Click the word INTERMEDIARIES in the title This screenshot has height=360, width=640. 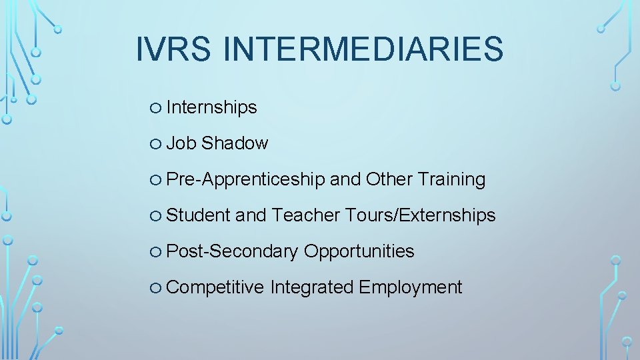363,49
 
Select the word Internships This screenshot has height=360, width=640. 211,107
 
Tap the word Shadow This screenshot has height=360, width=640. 235,143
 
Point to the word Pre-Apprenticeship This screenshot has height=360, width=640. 245,179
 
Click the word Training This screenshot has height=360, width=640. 451,179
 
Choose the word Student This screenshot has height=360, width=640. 198,215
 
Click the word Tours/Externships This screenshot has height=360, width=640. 421,215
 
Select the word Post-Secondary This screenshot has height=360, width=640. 232,251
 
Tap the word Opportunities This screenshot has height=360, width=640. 359,251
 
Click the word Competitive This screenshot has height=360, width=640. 215,287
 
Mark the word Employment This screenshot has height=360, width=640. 410,287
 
